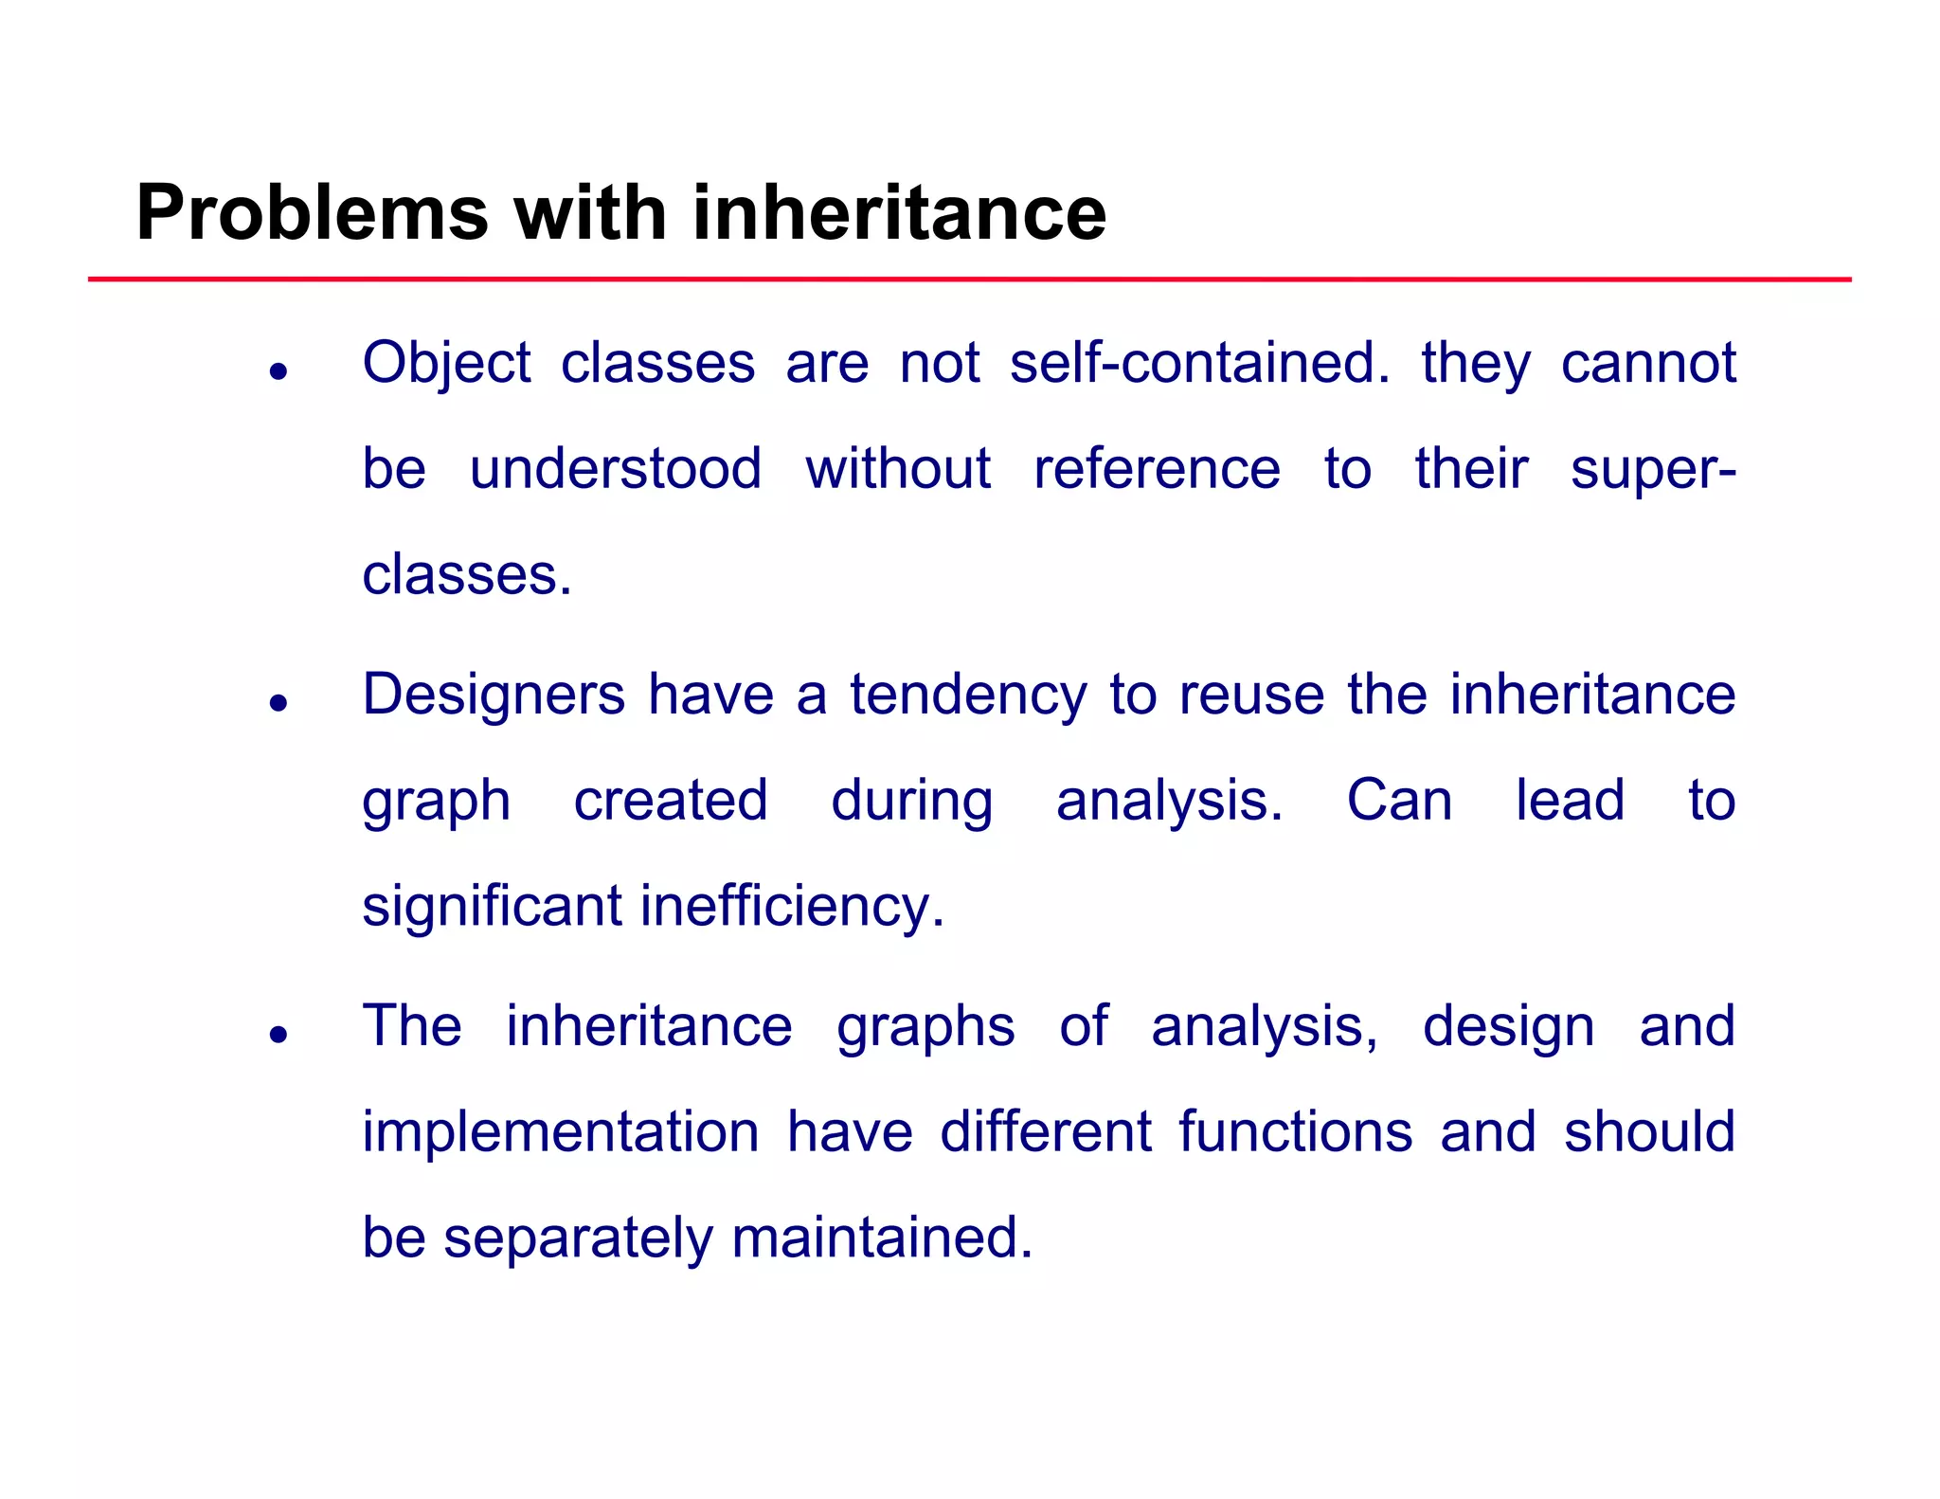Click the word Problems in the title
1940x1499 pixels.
pos(313,213)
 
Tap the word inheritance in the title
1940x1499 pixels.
pos(899,213)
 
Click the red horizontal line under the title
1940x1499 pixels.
pos(969,280)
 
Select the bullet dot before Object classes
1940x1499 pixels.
pos(278,371)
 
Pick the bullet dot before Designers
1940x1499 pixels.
pos(278,703)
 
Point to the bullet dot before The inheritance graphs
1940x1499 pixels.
pos(278,1034)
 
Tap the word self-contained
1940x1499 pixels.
pos(1199,363)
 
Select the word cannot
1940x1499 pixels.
pos(1648,363)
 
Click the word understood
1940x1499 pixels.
pos(616,469)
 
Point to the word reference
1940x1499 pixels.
pos(1156,469)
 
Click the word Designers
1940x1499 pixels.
pos(494,695)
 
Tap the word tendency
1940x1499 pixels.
pos(968,695)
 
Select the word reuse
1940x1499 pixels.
pos(1251,695)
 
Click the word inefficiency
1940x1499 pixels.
pos(792,907)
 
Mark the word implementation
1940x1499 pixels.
pos(561,1132)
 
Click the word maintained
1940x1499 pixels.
pos(882,1237)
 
